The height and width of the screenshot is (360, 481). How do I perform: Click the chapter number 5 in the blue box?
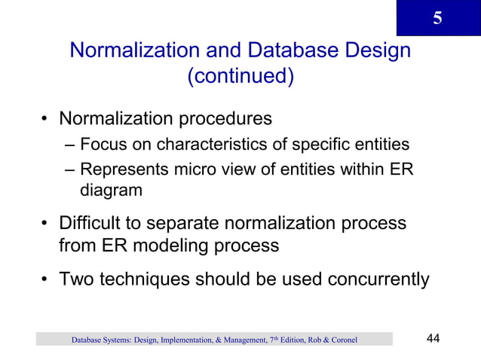(437, 18)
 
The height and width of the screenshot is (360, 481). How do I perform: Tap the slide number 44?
(434, 339)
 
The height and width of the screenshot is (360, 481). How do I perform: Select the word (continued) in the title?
(240, 77)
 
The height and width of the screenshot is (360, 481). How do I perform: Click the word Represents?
(121, 169)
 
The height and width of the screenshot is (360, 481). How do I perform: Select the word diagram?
(111, 190)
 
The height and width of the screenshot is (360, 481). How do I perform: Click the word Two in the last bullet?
(75, 280)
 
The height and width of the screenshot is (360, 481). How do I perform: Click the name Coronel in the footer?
(340, 340)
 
